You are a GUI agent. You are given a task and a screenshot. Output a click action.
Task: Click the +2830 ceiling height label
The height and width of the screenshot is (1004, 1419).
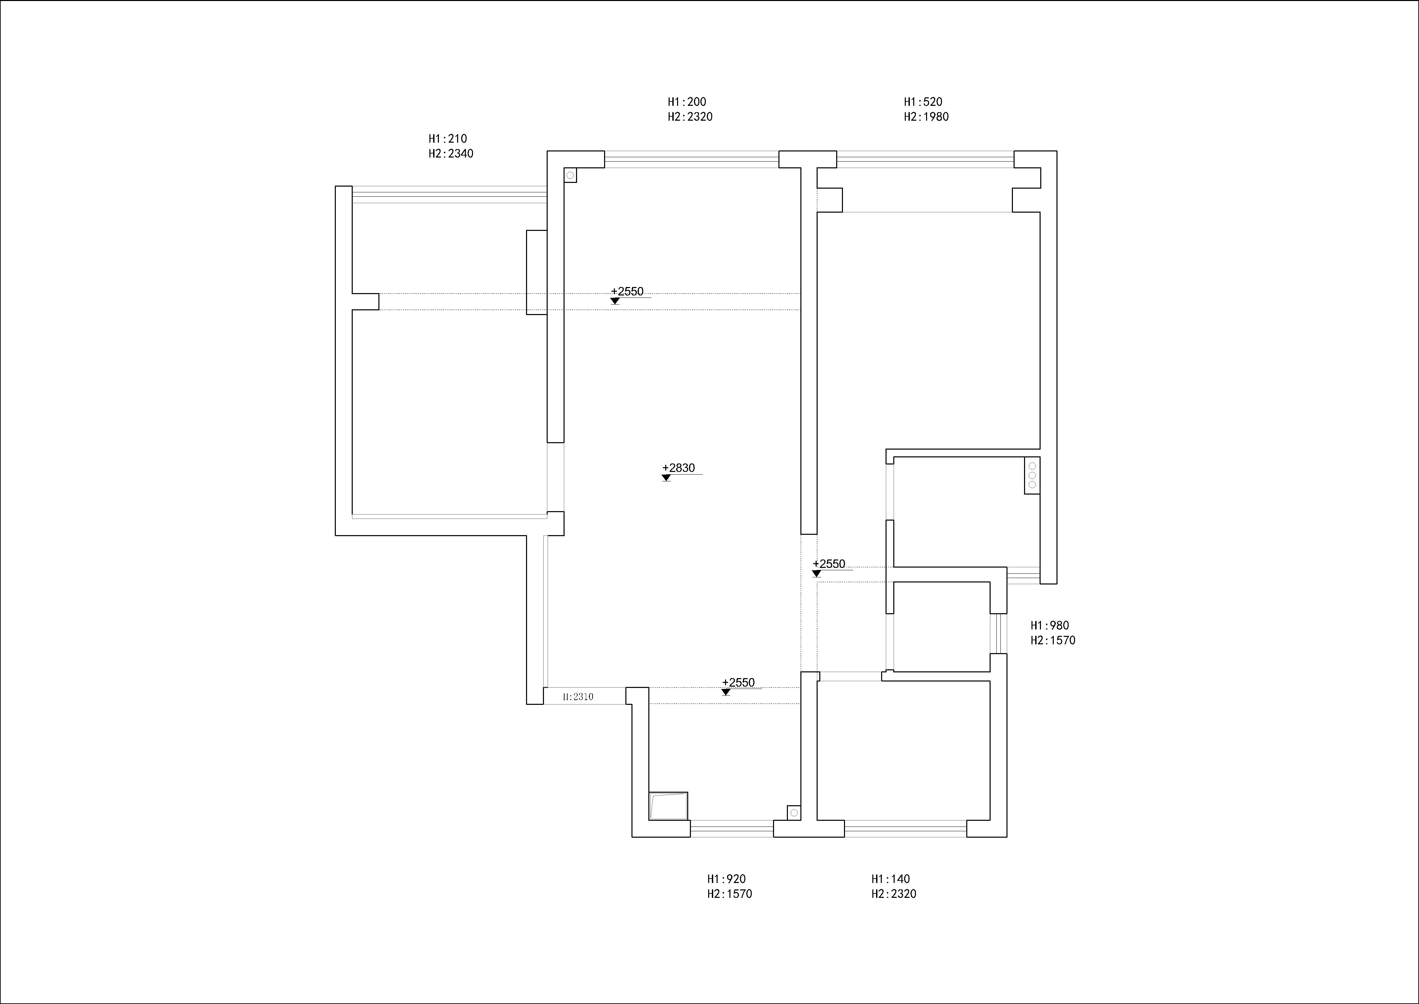[679, 468]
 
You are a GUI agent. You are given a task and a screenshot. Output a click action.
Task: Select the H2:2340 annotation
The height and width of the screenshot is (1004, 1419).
[451, 154]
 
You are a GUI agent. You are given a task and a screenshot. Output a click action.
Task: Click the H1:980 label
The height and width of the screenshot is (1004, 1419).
[1049, 626]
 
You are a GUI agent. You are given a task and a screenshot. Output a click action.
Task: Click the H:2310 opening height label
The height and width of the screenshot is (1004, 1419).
[578, 697]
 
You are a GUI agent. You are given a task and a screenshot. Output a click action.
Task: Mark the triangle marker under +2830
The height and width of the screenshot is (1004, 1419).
[666, 478]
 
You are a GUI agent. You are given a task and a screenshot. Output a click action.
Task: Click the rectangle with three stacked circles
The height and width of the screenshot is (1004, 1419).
[1031, 475]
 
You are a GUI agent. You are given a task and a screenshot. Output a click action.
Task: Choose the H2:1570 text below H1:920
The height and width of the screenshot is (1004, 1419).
[730, 894]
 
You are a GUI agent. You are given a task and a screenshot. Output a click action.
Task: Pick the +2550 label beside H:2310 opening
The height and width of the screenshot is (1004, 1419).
[739, 683]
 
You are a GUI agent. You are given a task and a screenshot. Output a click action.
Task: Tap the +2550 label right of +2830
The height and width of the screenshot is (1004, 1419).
[829, 564]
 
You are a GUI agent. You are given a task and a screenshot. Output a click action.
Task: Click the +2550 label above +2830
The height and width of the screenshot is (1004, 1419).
[627, 291]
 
